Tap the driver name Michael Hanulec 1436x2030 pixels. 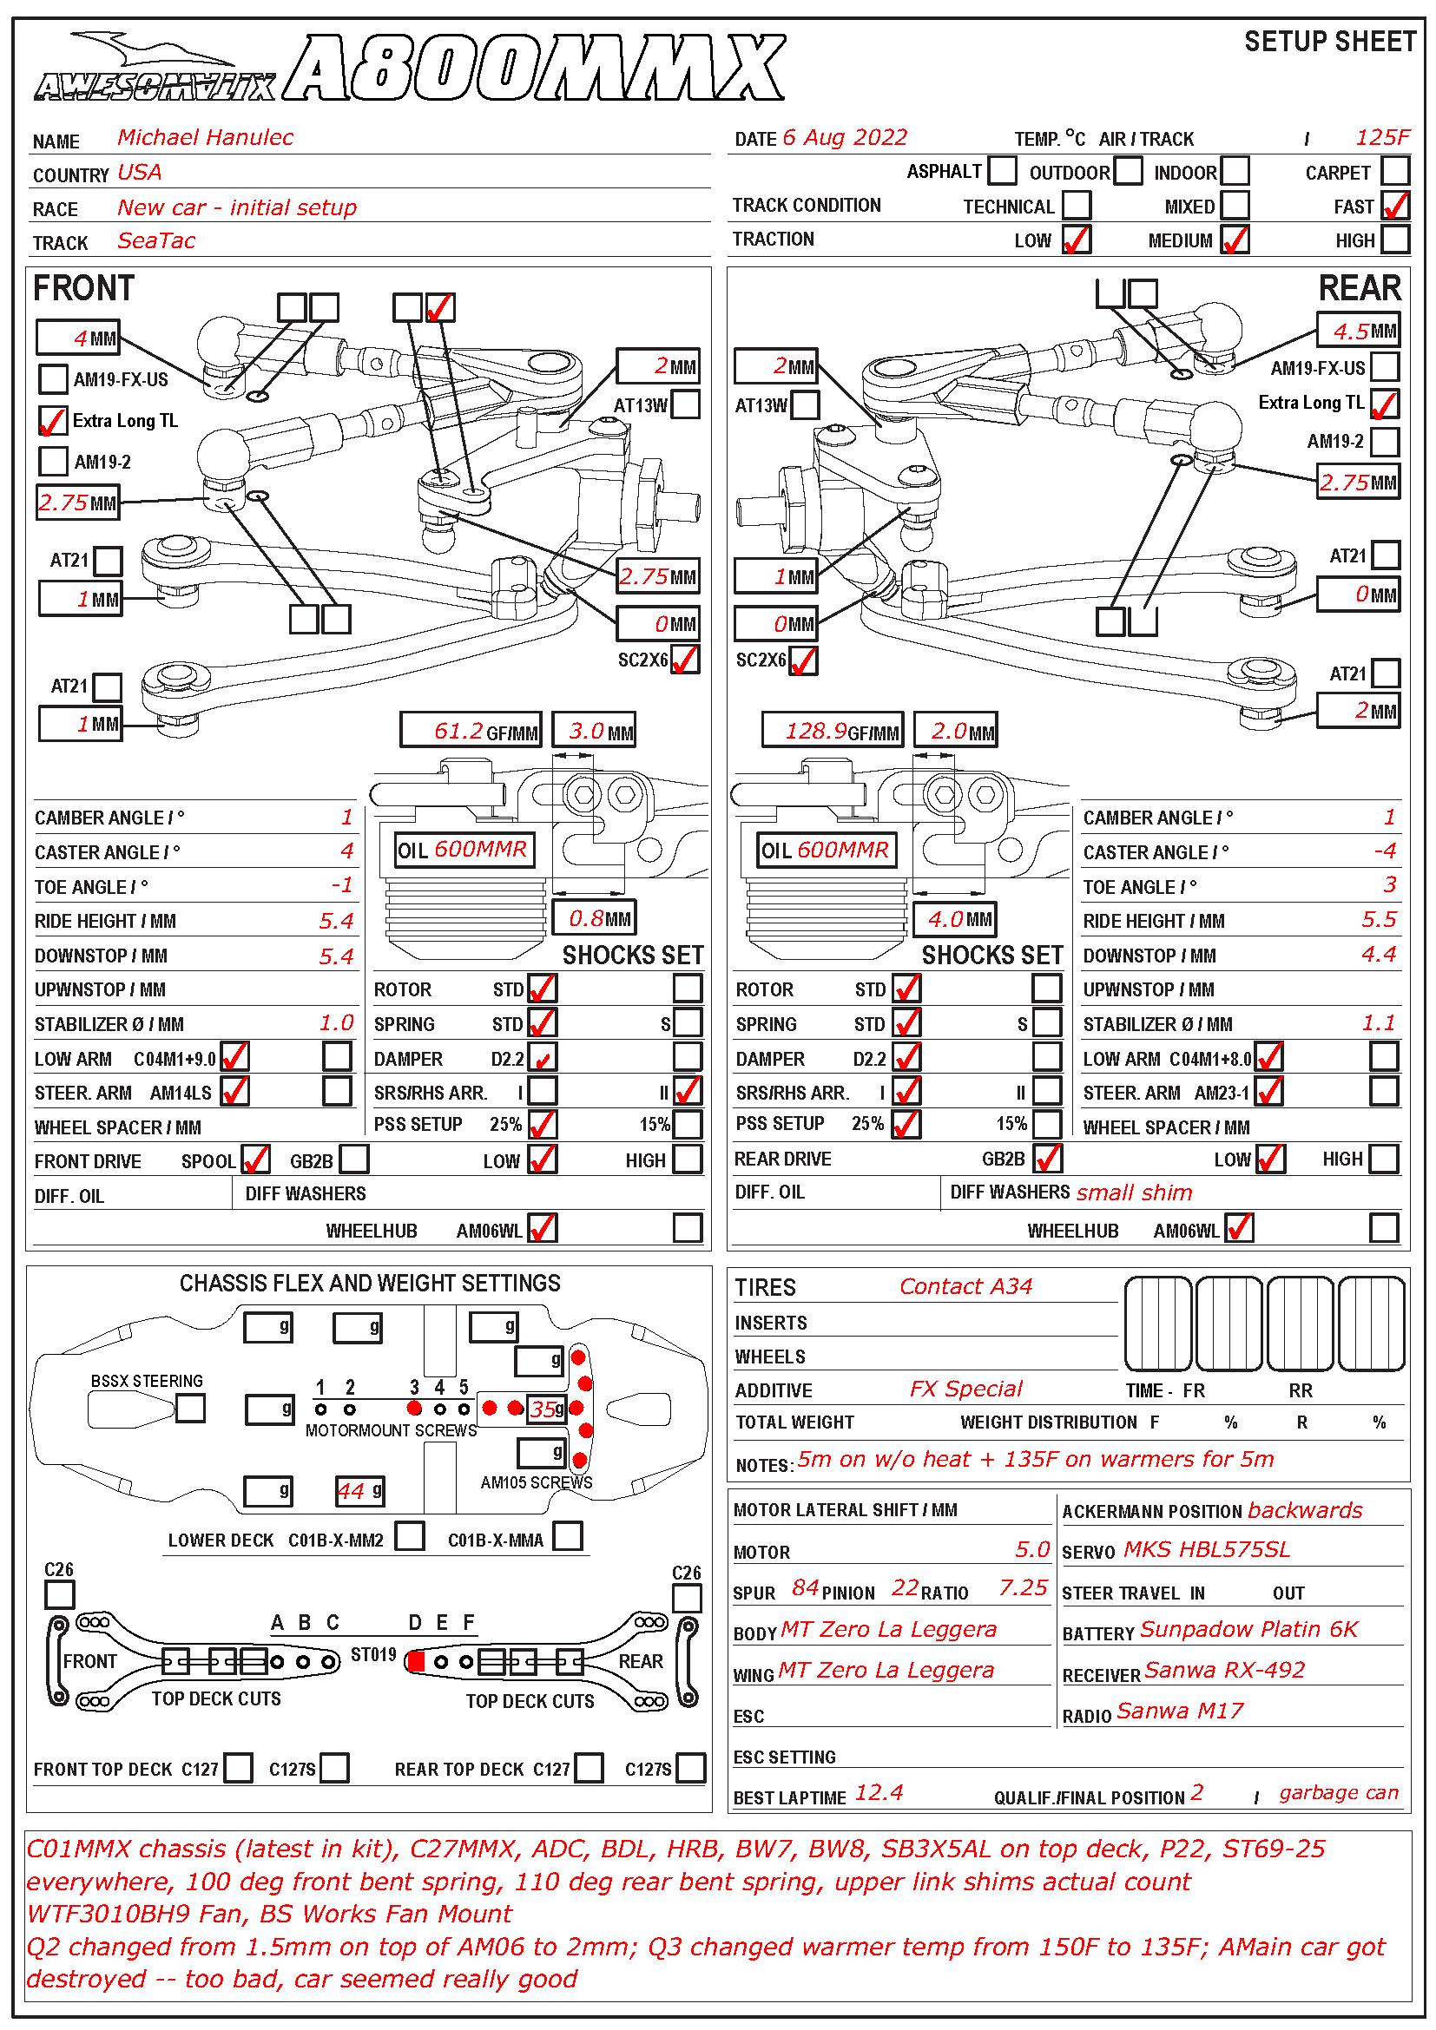(x=205, y=137)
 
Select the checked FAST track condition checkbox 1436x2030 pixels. (x=1394, y=205)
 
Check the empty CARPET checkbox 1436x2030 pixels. (x=1394, y=170)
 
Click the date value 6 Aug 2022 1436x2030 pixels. (x=845, y=138)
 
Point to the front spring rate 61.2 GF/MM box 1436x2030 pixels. (x=471, y=730)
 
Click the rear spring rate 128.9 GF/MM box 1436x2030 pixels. (x=832, y=730)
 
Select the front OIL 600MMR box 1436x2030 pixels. (x=464, y=850)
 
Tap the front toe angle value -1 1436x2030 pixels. (x=342, y=885)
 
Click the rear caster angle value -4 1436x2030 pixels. (x=1384, y=851)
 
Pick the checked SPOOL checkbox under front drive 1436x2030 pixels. (x=255, y=1160)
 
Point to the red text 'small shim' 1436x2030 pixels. (x=1135, y=1192)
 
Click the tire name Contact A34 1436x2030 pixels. (x=965, y=1286)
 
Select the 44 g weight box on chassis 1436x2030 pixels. (x=360, y=1491)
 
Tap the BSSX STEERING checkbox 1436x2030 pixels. (x=191, y=1408)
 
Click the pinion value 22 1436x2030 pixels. (x=905, y=1588)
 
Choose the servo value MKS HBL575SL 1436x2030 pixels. (x=1207, y=1550)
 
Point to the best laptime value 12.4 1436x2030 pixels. (x=879, y=1793)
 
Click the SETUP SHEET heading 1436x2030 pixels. (x=1329, y=42)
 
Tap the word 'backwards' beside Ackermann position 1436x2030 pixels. (x=1305, y=1511)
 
